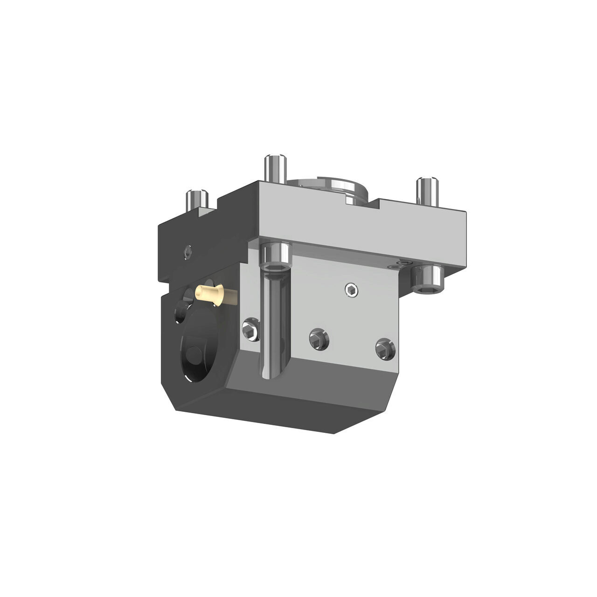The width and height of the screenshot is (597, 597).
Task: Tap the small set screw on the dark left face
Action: pos(187,252)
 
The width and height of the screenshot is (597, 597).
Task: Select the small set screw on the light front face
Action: pos(352,291)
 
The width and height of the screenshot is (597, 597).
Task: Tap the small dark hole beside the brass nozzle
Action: pos(179,310)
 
